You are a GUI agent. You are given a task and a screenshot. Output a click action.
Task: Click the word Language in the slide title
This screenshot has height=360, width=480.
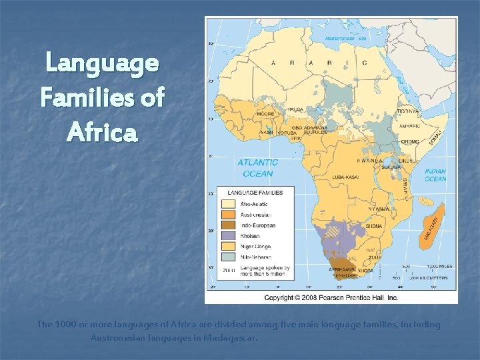(x=102, y=64)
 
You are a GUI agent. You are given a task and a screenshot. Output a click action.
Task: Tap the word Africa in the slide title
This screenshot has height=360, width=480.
(x=102, y=132)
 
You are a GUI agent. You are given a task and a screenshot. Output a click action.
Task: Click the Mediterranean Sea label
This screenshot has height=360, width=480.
(x=346, y=38)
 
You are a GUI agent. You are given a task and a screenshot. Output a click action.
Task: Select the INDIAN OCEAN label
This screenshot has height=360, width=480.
(x=435, y=175)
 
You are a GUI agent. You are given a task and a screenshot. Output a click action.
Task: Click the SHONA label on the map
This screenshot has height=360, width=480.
(x=374, y=227)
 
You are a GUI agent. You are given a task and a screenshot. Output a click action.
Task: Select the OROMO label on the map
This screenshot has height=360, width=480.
(x=409, y=141)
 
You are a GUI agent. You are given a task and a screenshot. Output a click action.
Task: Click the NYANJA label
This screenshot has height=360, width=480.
(x=377, y=209)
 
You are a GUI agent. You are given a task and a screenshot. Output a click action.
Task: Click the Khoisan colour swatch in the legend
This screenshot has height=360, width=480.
(x=229, y=236)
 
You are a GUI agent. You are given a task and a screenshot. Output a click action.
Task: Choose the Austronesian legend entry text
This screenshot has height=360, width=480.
(x=256, y=215)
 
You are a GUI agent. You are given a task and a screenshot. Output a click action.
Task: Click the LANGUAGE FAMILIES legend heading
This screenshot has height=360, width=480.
(x=255, y=193)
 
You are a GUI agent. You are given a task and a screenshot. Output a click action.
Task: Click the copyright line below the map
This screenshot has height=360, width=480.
(x=331, y=297)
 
